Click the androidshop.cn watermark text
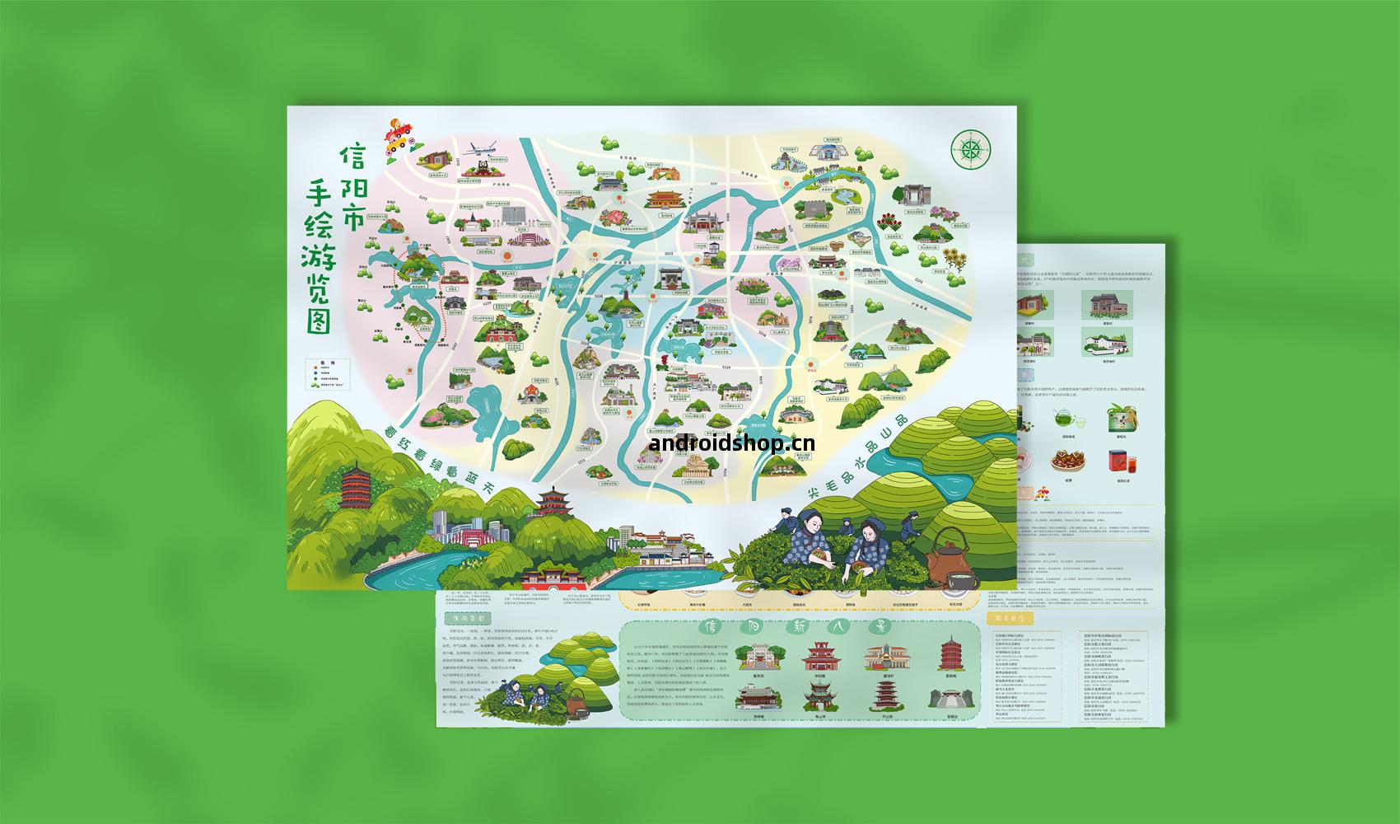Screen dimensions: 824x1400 pyautogui.click(x=732, y=443)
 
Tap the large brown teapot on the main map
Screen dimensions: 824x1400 pyautogui.click(x=948, y=561)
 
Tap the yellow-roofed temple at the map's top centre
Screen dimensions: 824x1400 pyautogui.click(x=665, y=199)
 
